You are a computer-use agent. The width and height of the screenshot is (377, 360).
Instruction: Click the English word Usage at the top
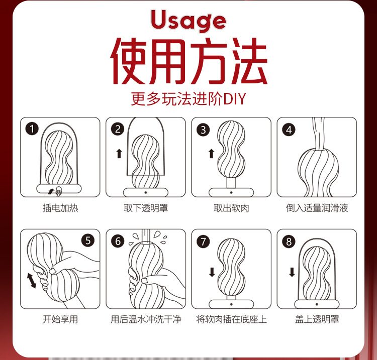coord(189,20)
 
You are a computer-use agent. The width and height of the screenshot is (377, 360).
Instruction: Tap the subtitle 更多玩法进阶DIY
coord(189,99)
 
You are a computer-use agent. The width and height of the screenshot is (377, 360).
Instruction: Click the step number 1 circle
coord(32,129)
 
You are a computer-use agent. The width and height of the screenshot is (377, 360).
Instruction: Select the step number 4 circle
coord(289,130)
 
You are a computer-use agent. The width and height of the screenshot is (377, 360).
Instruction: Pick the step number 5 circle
coord(88,240)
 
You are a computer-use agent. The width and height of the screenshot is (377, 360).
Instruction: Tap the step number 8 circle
coord(289,242)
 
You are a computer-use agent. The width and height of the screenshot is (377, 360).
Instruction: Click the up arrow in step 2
coord(119,153)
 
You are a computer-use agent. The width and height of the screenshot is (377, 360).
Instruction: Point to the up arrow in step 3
coord(211,154)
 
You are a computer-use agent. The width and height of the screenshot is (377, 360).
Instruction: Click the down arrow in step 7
coord(212,272)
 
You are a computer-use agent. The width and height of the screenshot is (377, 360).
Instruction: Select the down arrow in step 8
coord(292,272)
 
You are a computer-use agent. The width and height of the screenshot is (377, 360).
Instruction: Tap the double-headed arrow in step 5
coord(32,280)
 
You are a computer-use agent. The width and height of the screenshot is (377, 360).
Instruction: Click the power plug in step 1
coord(58,191)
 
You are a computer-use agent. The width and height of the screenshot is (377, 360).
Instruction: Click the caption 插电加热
coord(60,208)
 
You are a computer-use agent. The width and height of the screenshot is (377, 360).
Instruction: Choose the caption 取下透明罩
coord(146,208)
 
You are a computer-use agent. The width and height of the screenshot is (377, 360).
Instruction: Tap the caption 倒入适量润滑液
coord(317,208)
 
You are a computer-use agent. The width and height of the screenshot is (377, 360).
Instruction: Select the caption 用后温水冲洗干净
coord(146,319)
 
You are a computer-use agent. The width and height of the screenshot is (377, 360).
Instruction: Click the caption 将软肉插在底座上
coord(231,319)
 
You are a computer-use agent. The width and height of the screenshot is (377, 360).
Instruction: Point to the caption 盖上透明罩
coord(317,319)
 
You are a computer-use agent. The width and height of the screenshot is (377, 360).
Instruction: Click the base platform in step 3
coord(231,192)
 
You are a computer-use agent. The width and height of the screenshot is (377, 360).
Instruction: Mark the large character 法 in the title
coord(249,61)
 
